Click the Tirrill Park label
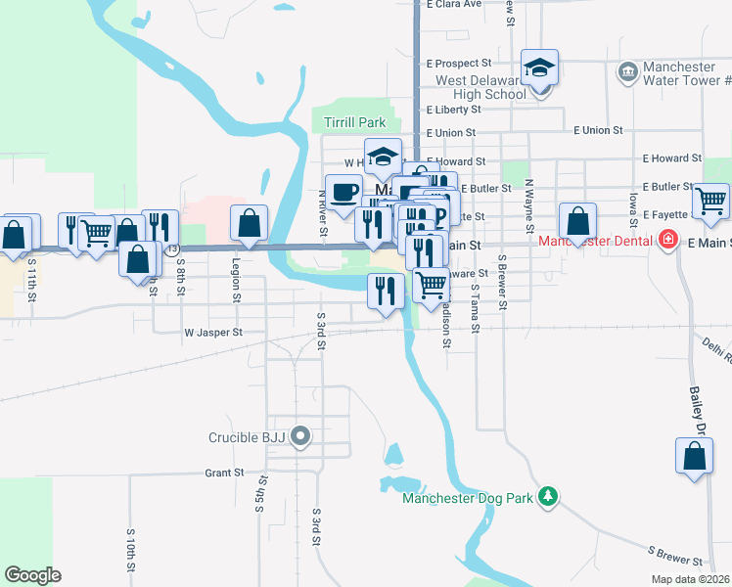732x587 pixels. point(348,123)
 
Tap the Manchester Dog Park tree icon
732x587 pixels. point(549,497)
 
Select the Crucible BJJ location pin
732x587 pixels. point(301,436)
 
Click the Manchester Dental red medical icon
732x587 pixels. point(668,240)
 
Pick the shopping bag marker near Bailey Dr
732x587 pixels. point(694,456)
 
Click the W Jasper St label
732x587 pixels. point(212,333)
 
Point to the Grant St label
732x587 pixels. point(224,473)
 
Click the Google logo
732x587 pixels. point(32,575)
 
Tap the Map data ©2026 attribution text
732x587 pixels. point(690,579)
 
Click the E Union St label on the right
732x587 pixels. point(598,130)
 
